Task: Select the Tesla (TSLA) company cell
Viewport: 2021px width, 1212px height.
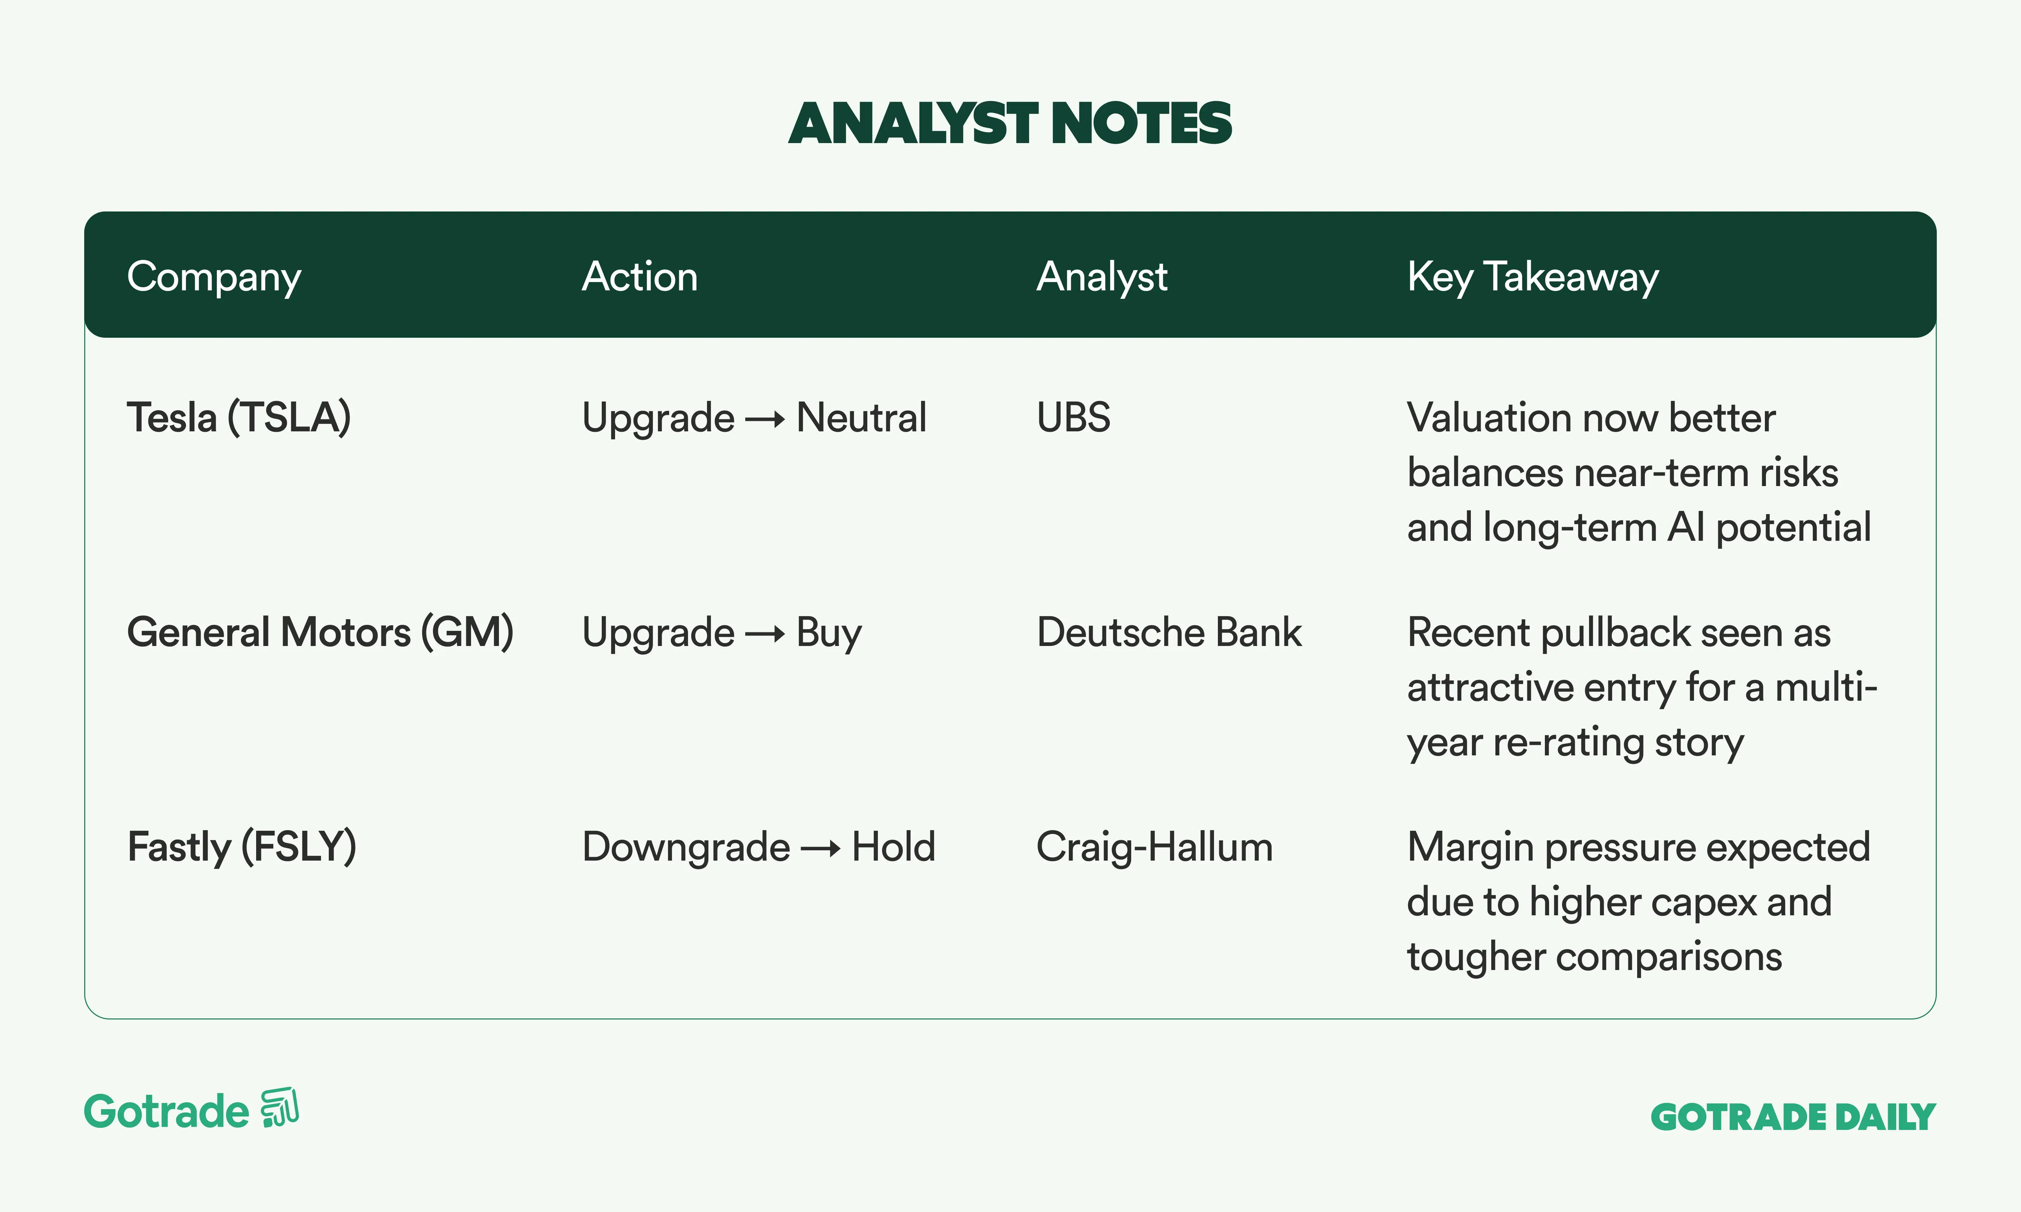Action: coord(239,418)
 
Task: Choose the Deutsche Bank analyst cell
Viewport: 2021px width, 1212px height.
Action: coord(1169,632)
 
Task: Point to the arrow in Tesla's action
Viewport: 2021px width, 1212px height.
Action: coord(766,420)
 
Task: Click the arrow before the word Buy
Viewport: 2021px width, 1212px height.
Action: coord(766,635)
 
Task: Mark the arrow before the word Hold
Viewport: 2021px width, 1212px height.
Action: coord(821,849)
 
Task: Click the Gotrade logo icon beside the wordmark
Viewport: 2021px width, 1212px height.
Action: coord(279,1108)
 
